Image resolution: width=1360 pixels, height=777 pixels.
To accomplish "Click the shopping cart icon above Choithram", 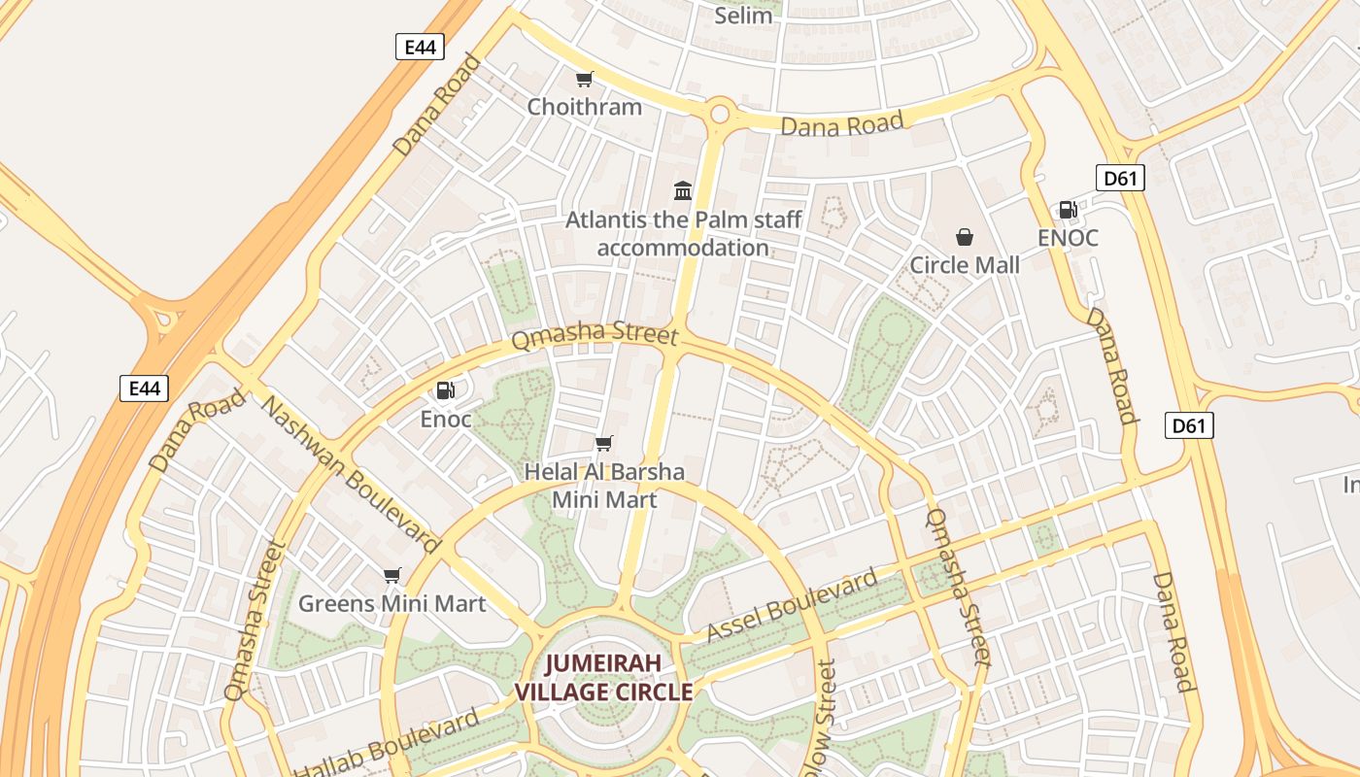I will (x=584, y=79).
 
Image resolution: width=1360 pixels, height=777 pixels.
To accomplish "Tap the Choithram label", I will (x=584, y=107).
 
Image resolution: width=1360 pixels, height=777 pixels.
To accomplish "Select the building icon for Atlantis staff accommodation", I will (x=683, y=190).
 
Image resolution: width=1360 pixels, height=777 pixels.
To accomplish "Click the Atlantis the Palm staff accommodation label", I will (x=683, y=233).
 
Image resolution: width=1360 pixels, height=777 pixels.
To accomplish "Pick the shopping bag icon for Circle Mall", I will (x=965, y=236).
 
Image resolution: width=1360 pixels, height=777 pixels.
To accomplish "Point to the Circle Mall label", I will (x=965, y=265).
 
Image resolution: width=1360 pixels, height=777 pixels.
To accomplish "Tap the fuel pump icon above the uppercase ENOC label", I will (x=1068, y=209).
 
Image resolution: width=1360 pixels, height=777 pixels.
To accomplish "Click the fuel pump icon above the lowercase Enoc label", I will (x=445, y=390).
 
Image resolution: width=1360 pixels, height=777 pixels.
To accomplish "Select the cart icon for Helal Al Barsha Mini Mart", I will (x=604, y=444).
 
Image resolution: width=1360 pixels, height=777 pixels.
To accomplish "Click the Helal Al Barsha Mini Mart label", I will (x=604, y=486).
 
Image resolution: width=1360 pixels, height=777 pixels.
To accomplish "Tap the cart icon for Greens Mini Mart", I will (x=391, y=575).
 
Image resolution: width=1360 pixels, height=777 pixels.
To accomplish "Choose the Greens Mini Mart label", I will (x=391, y=604).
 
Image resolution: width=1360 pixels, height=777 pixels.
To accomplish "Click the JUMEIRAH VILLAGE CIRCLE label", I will (x=603, y=678).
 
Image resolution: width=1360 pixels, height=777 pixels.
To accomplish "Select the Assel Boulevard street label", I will (x=792, y=607).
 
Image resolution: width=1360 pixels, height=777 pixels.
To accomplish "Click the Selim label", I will (x=743, y=15).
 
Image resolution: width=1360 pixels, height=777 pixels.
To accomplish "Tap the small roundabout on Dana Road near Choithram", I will (x=720, y=114).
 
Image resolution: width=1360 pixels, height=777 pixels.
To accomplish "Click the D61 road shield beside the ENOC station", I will (x=1120, y=178).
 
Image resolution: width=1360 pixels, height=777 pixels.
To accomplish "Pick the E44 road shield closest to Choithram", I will (x=420, y=46).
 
